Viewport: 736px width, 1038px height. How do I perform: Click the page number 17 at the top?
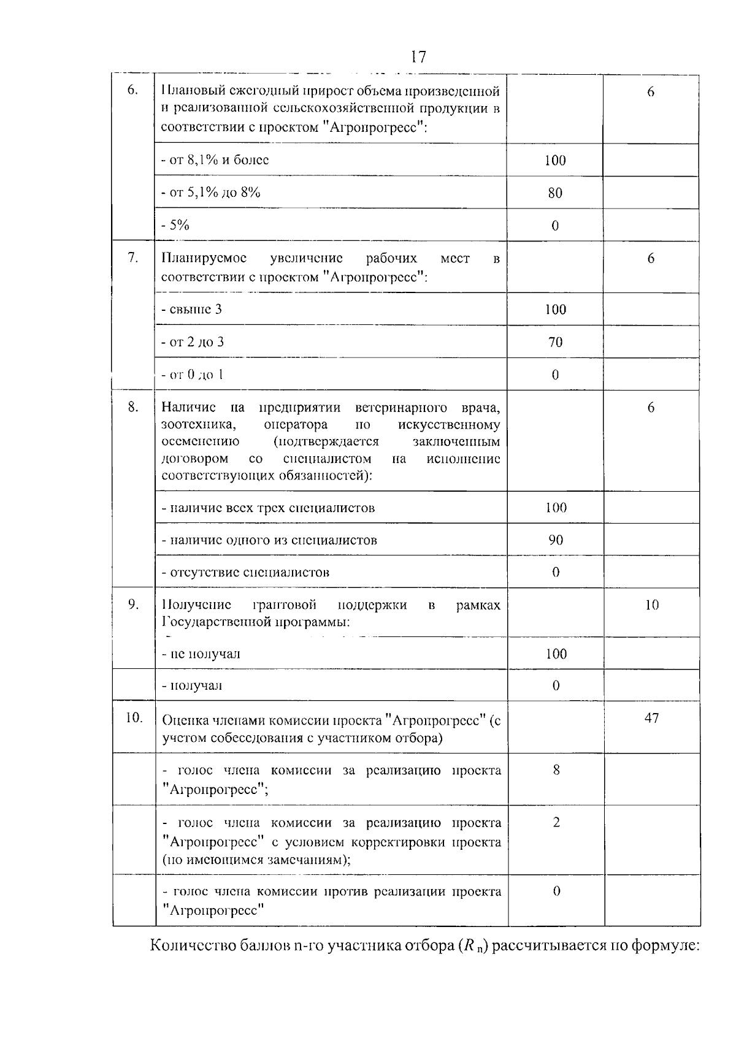tap(418, 56)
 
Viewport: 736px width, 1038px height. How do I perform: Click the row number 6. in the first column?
tap(132, 91)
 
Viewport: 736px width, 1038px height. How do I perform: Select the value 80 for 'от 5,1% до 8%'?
tap(555, 193)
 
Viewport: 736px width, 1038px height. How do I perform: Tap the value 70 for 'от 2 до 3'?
tap(555, 342)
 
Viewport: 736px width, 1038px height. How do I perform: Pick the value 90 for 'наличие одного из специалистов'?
tap(556, 540)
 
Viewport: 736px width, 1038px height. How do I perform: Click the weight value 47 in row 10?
tap(651, 717)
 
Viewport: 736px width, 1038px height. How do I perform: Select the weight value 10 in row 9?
tap(651, 605)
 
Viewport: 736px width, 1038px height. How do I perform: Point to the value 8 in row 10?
tap(556, 770)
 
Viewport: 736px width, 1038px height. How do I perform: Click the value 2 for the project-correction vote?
tap(556, 822)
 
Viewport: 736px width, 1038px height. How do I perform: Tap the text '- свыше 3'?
tap(191, 309)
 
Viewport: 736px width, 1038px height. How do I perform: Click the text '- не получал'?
tap(201, 654)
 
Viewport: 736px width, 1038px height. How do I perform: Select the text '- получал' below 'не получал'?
tap(191, 685)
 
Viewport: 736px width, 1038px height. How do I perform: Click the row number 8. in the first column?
tap(132, 407)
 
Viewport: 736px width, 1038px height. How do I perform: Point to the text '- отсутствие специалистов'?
tap(245, 573)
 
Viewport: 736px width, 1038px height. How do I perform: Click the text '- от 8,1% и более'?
tap(215, 160)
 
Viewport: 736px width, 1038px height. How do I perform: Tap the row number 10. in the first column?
tap(134, 717)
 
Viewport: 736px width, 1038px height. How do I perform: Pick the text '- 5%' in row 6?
tap(175, 225)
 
